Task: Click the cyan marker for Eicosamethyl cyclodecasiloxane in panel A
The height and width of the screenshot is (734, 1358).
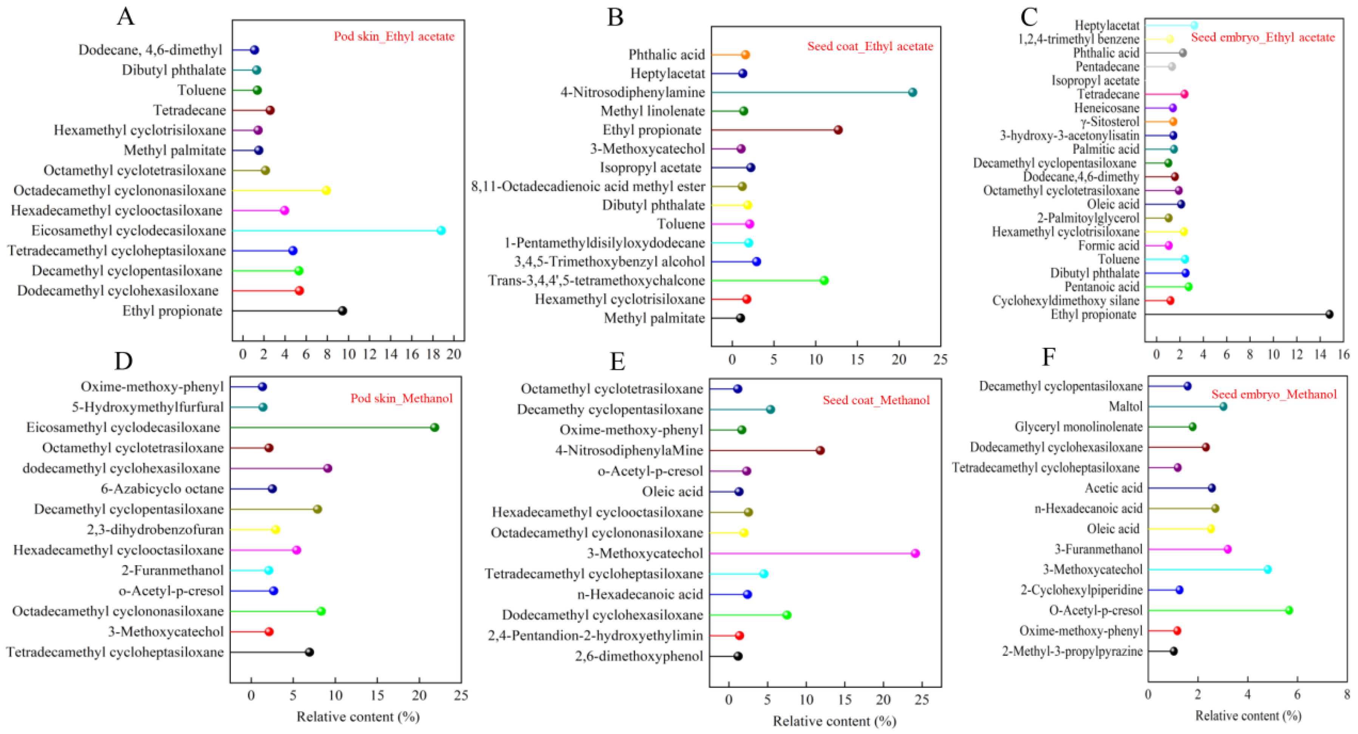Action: [x=441, y=230]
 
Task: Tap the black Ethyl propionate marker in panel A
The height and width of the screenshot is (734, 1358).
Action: [x=342, y=310]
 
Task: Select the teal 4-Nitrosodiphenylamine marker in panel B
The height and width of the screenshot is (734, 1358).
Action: [x=913, y=92]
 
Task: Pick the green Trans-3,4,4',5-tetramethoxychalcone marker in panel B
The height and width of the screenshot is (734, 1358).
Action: [x=824, y=280]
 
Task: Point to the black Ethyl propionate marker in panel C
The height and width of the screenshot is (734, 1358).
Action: [x=1329, y=314]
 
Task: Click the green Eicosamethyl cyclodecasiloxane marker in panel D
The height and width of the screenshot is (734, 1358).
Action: [x=435, y=427]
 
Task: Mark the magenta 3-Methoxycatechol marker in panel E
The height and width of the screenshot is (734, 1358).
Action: [x=915, y=553]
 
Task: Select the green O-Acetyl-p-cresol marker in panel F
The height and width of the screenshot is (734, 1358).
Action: [x=1289, y=610]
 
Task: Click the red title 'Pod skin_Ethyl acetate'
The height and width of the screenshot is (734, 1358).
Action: [x=394, y=36]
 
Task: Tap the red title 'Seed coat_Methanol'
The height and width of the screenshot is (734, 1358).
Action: [x=876, y=401]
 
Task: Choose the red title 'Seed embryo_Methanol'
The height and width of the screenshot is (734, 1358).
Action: [x=1274, y=394]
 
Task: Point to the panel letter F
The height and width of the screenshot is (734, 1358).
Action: [x=1049, y=357]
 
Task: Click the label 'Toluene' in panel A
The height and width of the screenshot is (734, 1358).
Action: [x=201, y=90]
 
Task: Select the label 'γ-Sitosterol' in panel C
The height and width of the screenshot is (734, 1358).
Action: [x=1109, y=122]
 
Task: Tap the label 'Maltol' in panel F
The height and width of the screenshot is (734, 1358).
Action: [x=1126, y=406]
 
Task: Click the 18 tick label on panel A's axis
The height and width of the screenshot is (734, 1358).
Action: [x=433, y=354]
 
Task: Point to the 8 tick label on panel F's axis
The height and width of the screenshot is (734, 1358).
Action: [x=1346, y=694]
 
